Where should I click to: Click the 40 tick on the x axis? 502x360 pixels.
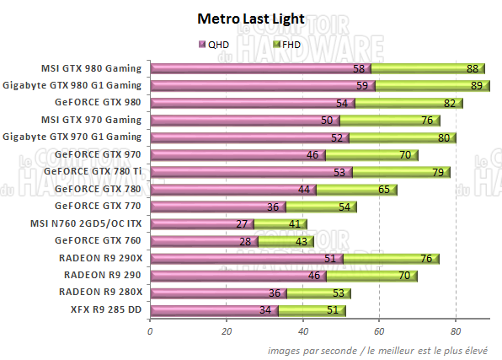302,331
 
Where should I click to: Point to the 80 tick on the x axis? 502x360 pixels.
456,331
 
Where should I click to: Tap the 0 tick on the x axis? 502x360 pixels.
150,331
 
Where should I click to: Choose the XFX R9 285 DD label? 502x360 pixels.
104,310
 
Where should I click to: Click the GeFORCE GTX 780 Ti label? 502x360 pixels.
97,172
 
